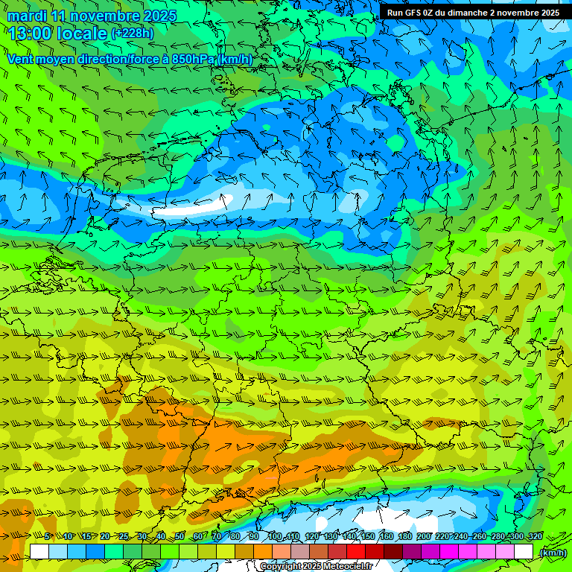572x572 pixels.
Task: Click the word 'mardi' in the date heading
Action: (x=27, y=16)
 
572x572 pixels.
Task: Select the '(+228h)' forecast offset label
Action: (x=133, y=34)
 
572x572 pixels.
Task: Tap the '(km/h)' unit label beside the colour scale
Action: (x=552, y=553)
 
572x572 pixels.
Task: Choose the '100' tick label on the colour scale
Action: (x=275, y=537)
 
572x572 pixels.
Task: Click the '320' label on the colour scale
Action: (x=535, y=537)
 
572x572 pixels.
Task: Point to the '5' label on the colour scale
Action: (x=47, y=537)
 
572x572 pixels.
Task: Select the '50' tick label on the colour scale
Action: (x=179, y=537)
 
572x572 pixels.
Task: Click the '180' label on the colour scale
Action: (x=404, y=537)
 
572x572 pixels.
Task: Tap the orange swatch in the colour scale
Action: (x=263, y=552)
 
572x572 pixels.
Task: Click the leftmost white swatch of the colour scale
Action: (x=39, y=552)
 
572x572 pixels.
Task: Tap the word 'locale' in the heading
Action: (x=81, y=34)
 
